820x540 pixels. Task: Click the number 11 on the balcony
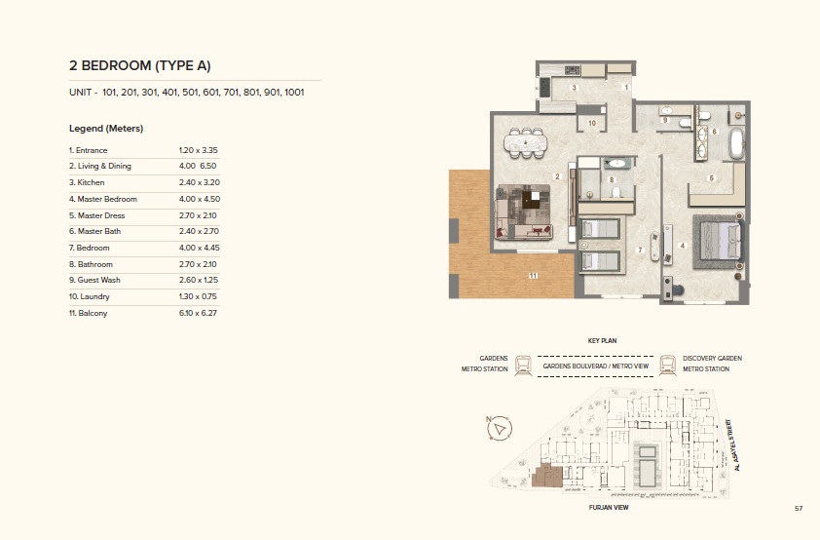coord(533,276)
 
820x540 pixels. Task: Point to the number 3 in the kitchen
coord(575,88)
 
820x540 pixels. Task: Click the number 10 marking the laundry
coord(591,124)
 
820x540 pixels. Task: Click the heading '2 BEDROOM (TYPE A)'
coord(140,65)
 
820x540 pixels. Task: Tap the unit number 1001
coord(294,93)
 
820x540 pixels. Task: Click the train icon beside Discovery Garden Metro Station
coord(668,365)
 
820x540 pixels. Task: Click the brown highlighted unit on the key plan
coord(546,476)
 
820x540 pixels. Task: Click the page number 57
coord(798,508)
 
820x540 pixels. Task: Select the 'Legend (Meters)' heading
coord(106,128)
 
